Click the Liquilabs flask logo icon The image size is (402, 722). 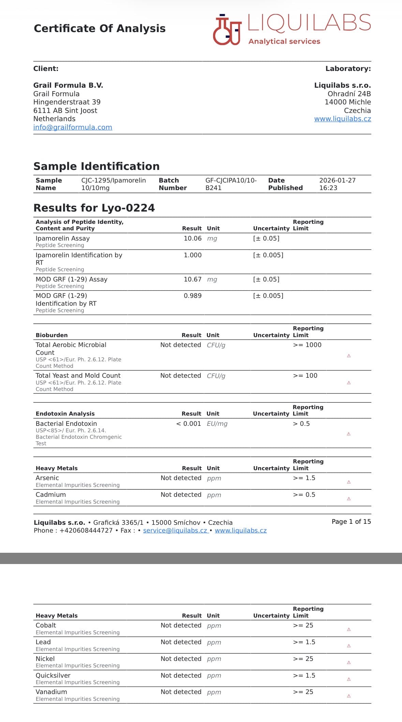[227, 30]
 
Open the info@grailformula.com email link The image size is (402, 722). [73, 127]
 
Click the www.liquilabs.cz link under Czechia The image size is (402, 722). [342, 119]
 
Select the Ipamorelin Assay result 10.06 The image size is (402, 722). [193, 239]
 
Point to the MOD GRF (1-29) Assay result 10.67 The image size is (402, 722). [193, 279]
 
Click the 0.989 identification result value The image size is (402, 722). [193, 296]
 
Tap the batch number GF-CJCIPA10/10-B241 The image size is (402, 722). [231, 184]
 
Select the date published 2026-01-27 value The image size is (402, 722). [337, 180]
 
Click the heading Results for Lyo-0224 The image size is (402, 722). [94, 208]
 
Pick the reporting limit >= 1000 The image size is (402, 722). [307, 345]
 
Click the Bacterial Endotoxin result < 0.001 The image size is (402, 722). [189, 424]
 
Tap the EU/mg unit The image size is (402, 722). [217, 424]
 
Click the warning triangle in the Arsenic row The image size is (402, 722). [349, 482]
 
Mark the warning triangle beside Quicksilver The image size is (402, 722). [349, 679]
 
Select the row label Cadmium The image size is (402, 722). [51, 495]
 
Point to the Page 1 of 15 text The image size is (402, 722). [351, 522]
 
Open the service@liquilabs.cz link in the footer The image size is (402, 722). [175, 531]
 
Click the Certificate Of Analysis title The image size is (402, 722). [100, 28]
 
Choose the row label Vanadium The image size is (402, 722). [51, 692]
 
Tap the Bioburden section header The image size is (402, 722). [51, 335]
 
